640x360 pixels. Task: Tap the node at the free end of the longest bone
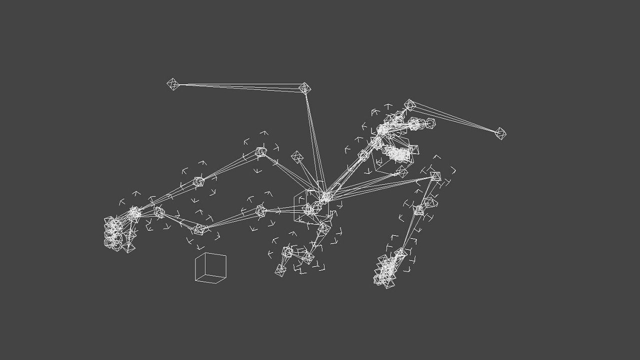173,84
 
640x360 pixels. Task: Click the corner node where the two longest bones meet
304,88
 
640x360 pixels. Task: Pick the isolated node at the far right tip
500,133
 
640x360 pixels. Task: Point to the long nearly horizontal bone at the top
239,86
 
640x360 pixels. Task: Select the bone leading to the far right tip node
455,119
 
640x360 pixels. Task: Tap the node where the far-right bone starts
410,105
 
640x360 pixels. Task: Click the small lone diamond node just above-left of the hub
297,157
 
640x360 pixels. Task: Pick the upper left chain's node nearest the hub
260,152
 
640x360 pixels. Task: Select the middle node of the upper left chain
198,181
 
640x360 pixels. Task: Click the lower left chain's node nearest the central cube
260,210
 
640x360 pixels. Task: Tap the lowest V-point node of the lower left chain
198,229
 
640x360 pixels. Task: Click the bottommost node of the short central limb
280,270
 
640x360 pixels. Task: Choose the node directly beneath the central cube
324,228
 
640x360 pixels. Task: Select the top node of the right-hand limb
435,176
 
